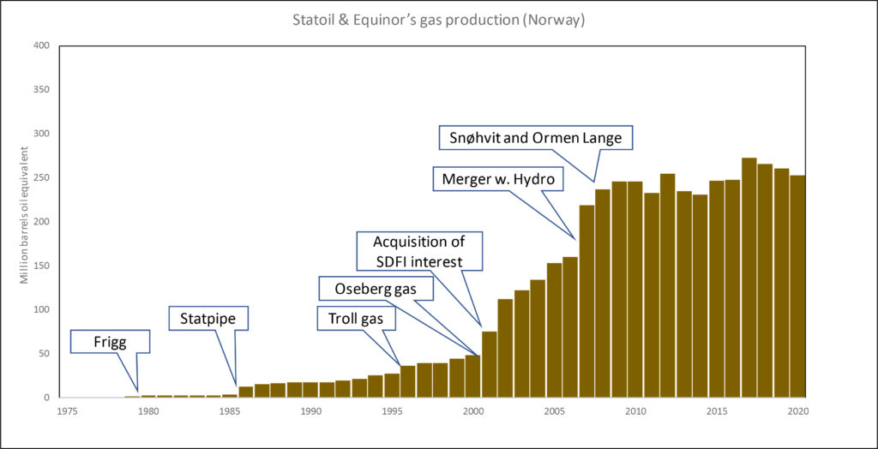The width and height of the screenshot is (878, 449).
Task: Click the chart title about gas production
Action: [438, 20]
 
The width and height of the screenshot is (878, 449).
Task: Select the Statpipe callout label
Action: [208, 320]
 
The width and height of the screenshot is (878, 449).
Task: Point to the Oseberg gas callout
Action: [376, 289]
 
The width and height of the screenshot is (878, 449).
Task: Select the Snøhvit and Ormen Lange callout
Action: [530, 138]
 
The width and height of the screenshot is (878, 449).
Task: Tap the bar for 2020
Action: [797, 286]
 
